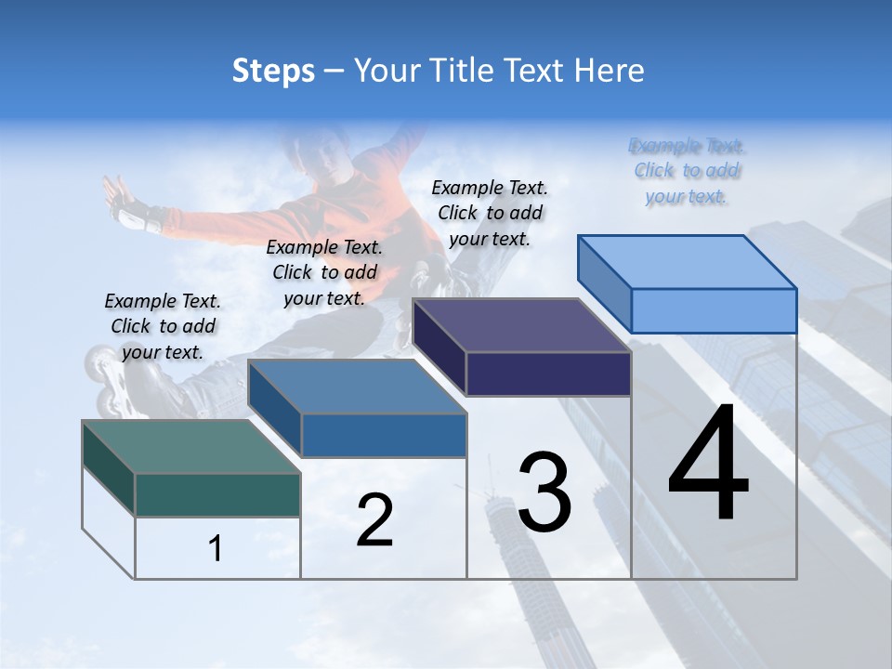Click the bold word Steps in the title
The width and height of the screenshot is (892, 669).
pyautogui.click(x=273, y=71)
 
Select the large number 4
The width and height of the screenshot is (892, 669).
pyautogui.click(x=709, y=466)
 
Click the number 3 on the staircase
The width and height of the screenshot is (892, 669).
pyautogui.click(x=544, y=492)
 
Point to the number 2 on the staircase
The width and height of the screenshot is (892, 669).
pyautogui.click(x=374, y=520)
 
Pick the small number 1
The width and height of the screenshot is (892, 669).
pyautogui.click(x=216, y=549)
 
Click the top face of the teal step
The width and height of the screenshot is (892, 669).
pyautogui.click(x=190, y=447)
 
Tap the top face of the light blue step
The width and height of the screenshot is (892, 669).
pyautogui.click(x=688, y=261)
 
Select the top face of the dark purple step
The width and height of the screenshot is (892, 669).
pyautogui.click(x=521, y=325)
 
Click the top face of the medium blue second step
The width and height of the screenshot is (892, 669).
pyautogui.click(x=357, y=387)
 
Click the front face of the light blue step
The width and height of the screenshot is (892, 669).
pyautogui.click(x=714, y=310)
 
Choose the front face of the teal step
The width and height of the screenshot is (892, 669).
pyautogui.click(x=217, y=494)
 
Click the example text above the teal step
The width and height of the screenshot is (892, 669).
pyautogui.click(x=163, y=326)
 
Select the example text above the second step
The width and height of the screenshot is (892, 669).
pyautogui.click(x=324, y=272)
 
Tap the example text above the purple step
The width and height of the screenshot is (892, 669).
pyautogui.click(x=490, y=213)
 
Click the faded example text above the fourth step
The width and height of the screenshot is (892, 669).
pyautogui.click(x=687, y=171)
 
